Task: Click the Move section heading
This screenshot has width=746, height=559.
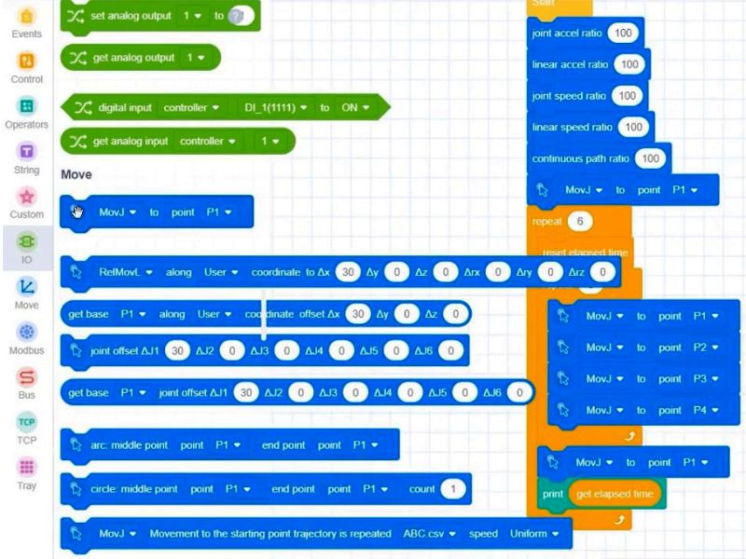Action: tap(76, 174)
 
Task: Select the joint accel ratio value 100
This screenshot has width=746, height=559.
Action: tap(622, 34)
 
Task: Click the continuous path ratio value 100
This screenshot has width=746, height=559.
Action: tap(650, 158)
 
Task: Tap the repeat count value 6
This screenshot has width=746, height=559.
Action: tap(580, 222)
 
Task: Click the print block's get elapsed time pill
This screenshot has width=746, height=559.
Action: tap(615, 494)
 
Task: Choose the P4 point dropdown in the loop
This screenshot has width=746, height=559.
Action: tap(707, 410)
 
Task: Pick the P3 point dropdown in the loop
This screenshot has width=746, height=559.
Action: tap(707, 379)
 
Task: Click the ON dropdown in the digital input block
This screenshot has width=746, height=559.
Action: tap(354, 108)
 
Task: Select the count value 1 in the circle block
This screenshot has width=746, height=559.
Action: tap(452, 489)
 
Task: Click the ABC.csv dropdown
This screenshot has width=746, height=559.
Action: tap(429, 534)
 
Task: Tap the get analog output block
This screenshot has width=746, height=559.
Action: tap(140, 58)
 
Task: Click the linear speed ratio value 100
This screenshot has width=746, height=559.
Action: tap(633, 127)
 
